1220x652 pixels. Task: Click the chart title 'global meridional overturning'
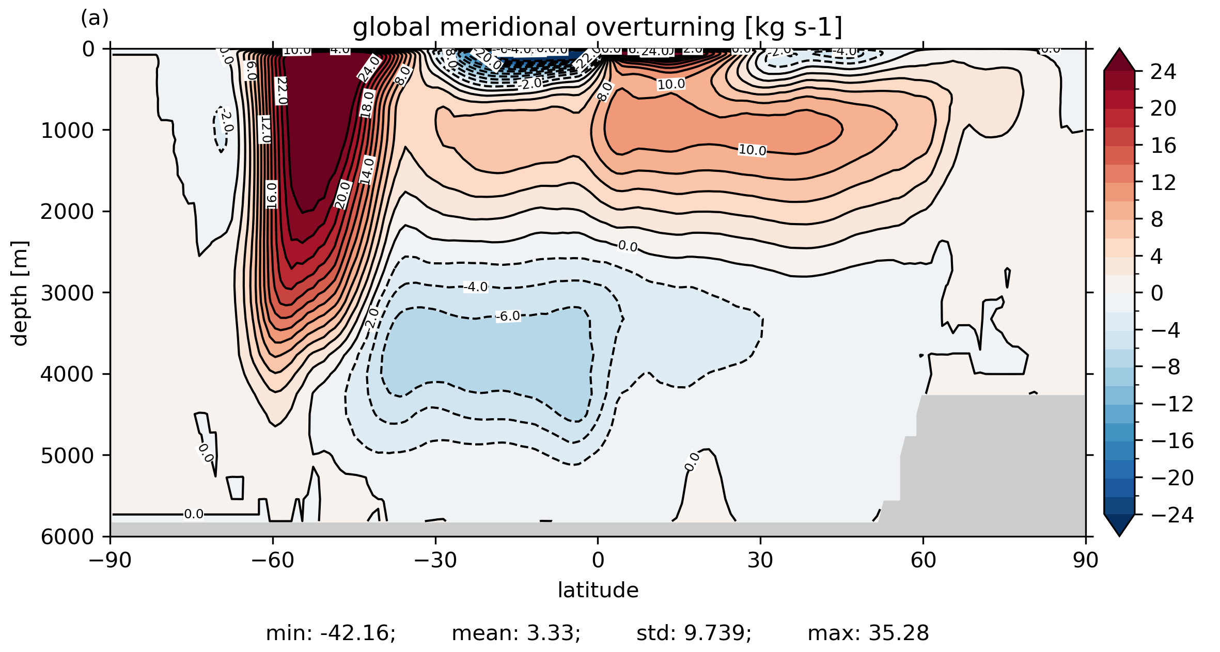coord(597,27)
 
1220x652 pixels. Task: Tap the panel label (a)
coord(95,19)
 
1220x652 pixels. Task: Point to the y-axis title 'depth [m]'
coord(20,293)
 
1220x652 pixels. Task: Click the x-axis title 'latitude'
coord(598,590)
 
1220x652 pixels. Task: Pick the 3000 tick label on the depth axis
coord(68,293)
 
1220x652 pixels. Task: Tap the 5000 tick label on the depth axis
coord(68,455)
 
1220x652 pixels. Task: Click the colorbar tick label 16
coord(1163,146)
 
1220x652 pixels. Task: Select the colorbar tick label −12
coord(1172,404)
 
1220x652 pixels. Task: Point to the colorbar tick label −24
coord(1172,515)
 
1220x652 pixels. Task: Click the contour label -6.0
coord(508,316)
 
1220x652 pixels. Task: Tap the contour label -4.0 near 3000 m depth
coord(476,287)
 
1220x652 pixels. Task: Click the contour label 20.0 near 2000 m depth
coord(342,195)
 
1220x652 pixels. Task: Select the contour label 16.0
coord(272,195)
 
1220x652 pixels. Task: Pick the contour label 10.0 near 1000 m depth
coord(752,150)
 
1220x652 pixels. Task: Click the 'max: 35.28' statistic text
coord(868,633)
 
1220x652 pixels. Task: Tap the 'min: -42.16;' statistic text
coord(331,633)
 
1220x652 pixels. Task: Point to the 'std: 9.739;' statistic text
coord(694,633)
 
